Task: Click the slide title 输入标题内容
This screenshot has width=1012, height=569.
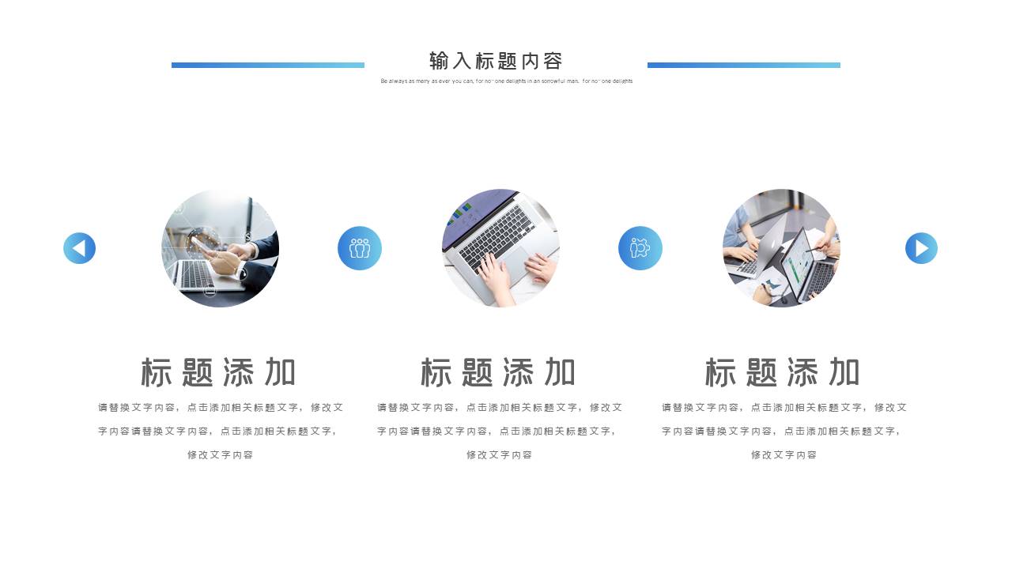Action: (x=496, y=61)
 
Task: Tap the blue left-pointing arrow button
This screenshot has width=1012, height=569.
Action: (x=79, y=248)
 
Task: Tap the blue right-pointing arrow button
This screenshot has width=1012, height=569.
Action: (x=921, y=248)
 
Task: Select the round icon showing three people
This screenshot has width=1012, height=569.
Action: (x=360, y=248)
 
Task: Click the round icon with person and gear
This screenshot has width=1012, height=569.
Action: (x=640, y=248)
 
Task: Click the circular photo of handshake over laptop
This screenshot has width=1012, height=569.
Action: (x=221, y=248)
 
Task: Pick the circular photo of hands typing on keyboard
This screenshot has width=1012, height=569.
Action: (x=500, y=248)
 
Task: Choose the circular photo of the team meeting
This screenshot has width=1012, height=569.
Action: (x=781, y=248)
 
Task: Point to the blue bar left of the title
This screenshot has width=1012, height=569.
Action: (x=268, y=65)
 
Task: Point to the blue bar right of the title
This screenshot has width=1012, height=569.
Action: (x=743, y=65)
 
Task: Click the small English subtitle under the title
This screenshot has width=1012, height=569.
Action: (x=506, y=81)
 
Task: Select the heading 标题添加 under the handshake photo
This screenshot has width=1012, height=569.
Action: (x=218, y=372)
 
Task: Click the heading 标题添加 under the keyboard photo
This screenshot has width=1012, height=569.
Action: (x=498, y=372)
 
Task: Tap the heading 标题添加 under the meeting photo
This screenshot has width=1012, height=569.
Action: (x=782, y=372)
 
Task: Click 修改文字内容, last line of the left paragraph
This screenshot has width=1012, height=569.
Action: (x=220, y=455)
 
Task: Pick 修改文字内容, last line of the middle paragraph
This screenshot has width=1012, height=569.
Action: (x=499, y=455)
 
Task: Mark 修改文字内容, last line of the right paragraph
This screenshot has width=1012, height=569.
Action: (x=784, y=455)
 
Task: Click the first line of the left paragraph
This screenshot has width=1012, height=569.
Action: (x=221, y=408)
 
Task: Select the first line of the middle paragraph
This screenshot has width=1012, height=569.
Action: (x=500, y=408)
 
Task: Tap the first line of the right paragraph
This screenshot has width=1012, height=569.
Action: (x=784, y=408)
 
